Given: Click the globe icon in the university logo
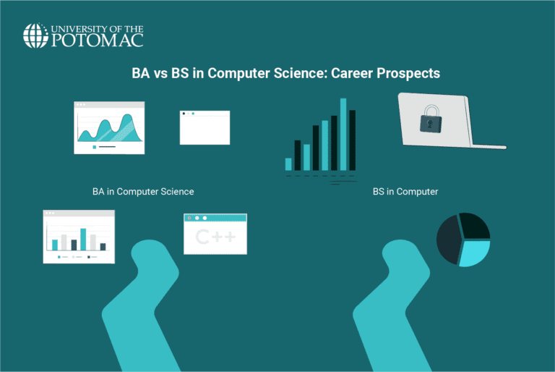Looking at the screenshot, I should pyautogui.click(x=35, y=35).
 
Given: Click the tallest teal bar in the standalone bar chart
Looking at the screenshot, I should pyautogui.click(x=343, y=135).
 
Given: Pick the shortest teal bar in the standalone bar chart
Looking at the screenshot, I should pyautogui.click(x=288, y=164).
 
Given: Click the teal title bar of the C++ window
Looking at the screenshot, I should pyautogui.click(x=215, y=218).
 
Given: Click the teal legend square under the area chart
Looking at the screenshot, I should pyautogui.click(x=95, y=146).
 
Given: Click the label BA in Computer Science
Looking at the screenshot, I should pyautogui.click(x=143, y=192).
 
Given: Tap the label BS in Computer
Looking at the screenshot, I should pyautogui.click(x=405, y=192).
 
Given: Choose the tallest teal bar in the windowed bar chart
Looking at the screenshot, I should pyautogui.click(x=83, y=239).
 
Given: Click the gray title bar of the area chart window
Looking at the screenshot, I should pyautogui.click(x=109, y=105).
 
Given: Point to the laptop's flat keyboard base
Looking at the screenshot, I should pyautogui.click(x=481, y=145).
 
